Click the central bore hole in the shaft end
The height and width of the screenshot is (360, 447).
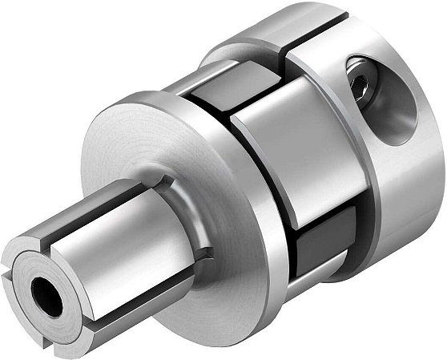tap(47, 297)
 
